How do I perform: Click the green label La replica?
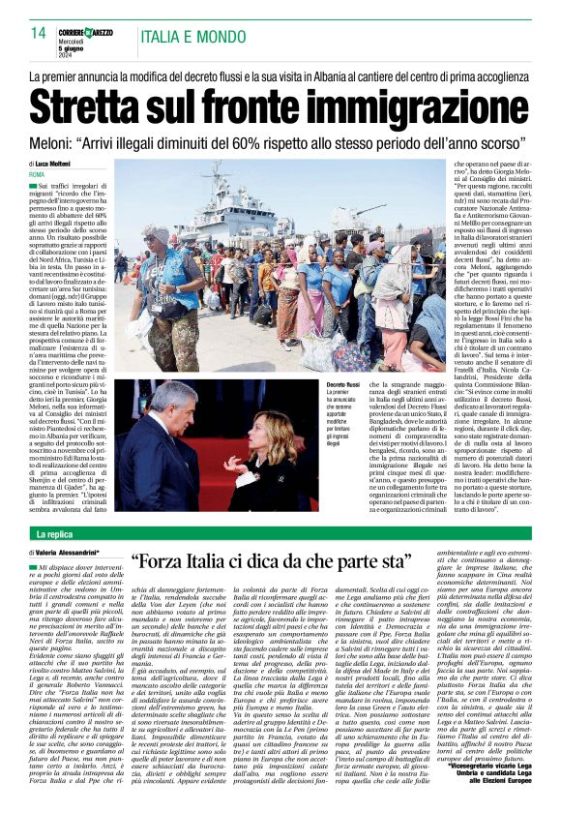coord(55,534)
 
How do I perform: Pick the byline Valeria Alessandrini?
coord(73,553)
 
